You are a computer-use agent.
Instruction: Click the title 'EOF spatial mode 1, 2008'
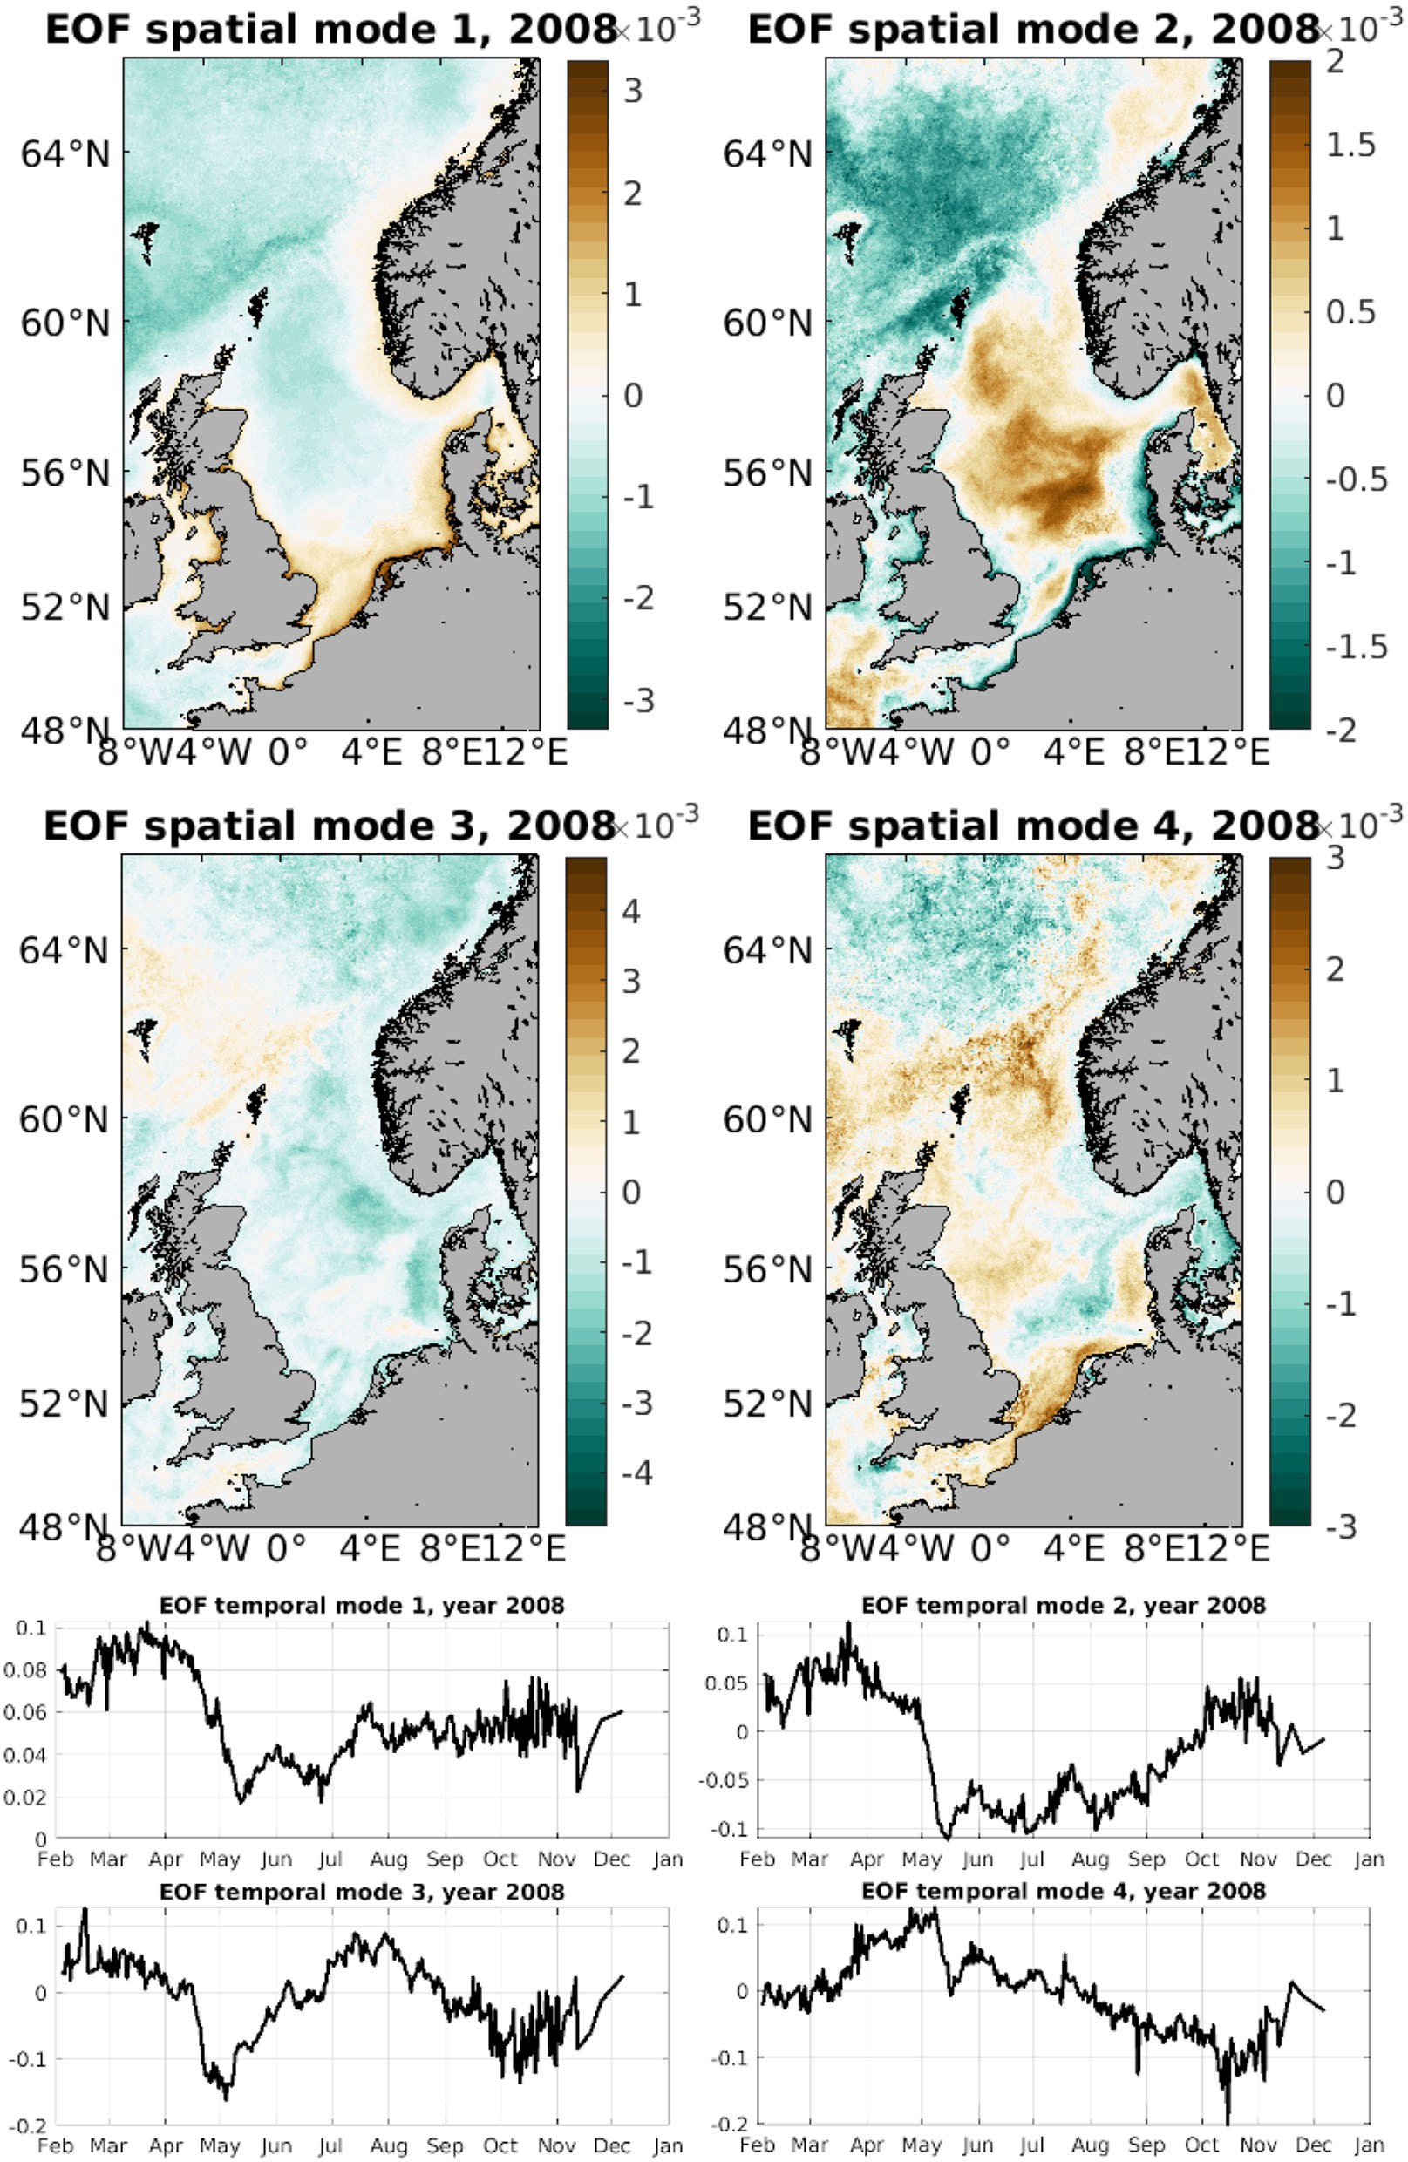(x=330, y=30)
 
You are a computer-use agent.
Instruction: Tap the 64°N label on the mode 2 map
(x=767, y=154)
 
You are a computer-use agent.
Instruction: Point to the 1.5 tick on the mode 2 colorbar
(x=1350, y=146)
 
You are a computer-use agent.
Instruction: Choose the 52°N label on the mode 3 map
(x=64, y=1404)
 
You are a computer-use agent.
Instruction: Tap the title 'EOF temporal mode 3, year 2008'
(x=362, y=1893)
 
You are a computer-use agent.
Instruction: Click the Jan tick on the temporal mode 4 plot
(x=1369, y=2145)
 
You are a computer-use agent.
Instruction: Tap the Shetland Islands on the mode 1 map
(x=257, y=306)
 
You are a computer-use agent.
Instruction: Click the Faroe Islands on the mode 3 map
(x=144, y=1037)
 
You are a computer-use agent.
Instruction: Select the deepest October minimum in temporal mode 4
(x=1228, y=2121)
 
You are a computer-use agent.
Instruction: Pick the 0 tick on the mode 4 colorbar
(x=1335, y=1192)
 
